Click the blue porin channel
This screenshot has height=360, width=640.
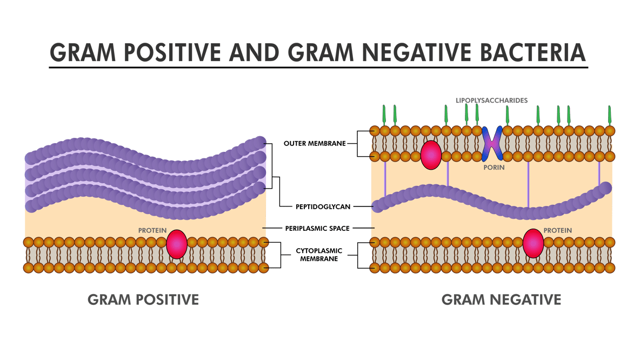[x=492, y=144]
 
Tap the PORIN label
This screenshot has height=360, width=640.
[x=494, y=168]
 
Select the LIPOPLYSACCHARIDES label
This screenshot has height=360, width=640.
[x=491, y=101]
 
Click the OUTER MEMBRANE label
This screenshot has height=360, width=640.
[x=315, y=144]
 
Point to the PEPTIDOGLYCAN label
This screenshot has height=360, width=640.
[x=323, y=207]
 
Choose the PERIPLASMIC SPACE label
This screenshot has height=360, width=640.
[x=317, y=229]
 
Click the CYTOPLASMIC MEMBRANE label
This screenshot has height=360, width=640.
[x=319, y=255]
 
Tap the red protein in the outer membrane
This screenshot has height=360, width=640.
[x=431, y=155]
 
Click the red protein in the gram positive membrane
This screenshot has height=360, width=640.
[x=177, y=244]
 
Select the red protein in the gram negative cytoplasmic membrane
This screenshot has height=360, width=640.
[x=533, y=243]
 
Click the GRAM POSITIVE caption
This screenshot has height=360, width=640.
[x=143, y=299]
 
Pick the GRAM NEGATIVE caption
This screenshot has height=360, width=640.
[x=501, y=299]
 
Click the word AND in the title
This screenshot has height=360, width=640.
[x=254, y=52]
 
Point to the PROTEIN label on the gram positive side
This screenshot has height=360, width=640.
[x=152, y=231]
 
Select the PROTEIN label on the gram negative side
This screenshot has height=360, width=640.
[x=557, y=231]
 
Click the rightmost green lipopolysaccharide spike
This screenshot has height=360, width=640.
[x=610, y=115]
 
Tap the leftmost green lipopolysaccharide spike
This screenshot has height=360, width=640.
[x=384, y=115]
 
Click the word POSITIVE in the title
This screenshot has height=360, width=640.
[x=172, y=52]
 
